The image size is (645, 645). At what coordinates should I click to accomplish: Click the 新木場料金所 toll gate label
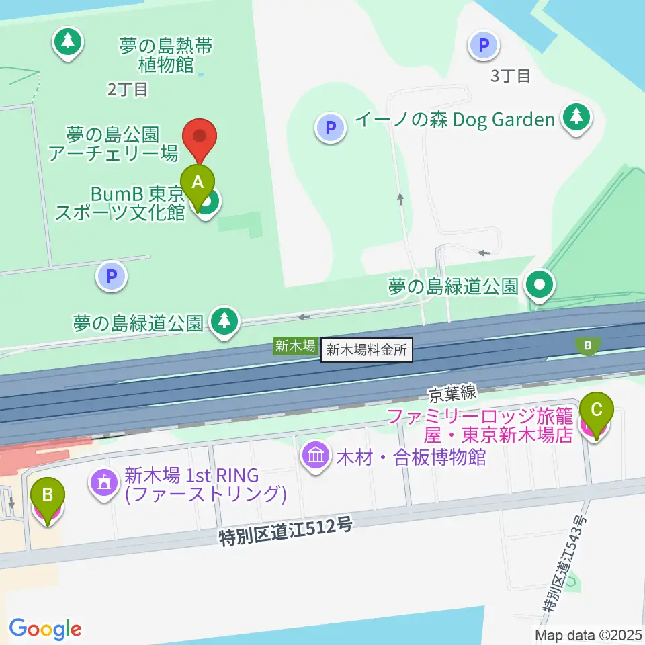[367, 350]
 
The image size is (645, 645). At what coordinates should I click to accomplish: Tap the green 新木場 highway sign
[296, 347]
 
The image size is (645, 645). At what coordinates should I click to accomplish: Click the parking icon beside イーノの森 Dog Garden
[331, 127]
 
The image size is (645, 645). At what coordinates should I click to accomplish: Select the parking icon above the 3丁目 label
[483, 45]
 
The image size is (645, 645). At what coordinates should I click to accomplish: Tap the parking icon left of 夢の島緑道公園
[112, 276]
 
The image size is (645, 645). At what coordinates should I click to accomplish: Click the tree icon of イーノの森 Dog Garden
[576, 118]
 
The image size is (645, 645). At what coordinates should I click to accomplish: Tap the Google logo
[45, 629]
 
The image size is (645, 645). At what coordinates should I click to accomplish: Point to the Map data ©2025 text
[589, 634]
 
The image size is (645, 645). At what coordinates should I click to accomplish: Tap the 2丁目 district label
[128, 89]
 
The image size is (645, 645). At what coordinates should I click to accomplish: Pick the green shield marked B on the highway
[588, 345]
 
